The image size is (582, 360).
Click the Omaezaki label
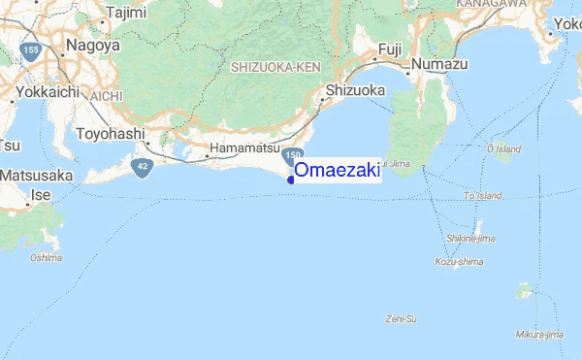(337, 171)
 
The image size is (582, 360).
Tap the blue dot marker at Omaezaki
(291, 179)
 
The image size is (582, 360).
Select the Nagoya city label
(92, 45)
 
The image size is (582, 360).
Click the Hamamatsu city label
(242, 150)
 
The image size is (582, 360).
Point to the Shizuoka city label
(356, 90)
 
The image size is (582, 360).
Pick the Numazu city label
(439, 63)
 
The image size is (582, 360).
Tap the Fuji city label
(389, 48)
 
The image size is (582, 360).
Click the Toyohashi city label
(110, 133)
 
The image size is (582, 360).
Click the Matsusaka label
(38, 176)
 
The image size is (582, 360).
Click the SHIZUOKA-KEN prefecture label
(275, 68)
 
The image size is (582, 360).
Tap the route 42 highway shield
(143, 167)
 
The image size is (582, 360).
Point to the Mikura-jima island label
(540, 335)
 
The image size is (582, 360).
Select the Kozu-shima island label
(459, 261)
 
